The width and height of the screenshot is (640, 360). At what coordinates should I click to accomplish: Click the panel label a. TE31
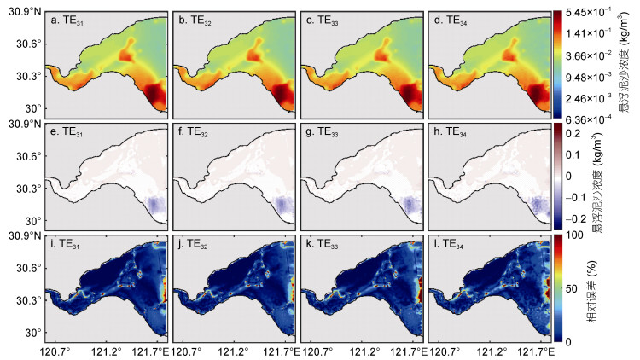67,20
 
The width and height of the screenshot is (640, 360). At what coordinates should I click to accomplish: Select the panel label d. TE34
451,20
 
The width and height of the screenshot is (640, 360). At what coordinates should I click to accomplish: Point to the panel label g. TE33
322,132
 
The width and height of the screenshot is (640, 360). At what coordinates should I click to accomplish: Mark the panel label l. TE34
449,244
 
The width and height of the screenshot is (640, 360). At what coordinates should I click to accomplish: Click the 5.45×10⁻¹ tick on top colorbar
588,12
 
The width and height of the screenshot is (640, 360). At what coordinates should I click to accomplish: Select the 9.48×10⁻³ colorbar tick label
588,77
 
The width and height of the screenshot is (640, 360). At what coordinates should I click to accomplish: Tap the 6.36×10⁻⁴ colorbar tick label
588,119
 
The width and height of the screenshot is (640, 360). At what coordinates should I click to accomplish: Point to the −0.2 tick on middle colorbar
576,219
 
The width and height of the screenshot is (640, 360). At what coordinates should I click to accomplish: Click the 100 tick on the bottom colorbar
574,235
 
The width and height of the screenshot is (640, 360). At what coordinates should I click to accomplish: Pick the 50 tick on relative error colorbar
572,289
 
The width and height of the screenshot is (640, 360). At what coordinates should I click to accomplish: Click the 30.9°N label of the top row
25,12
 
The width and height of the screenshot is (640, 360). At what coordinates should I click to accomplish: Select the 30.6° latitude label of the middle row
28,156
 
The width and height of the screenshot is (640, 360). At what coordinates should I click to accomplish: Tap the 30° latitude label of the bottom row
32,333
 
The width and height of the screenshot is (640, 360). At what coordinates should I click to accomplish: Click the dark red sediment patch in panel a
154,95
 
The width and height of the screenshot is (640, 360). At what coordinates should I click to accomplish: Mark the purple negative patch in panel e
156,205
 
